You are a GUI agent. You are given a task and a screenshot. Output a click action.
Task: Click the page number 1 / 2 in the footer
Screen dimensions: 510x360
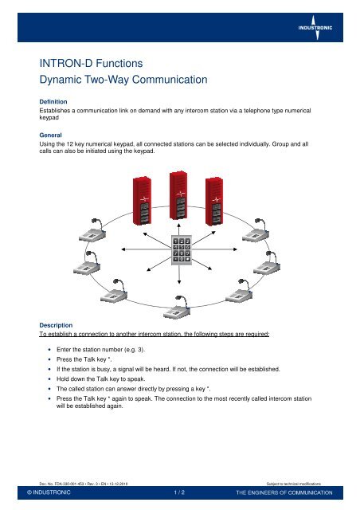tap(180, 493)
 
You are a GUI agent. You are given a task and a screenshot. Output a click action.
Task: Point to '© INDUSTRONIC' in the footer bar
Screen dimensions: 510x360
tap(49, 493)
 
